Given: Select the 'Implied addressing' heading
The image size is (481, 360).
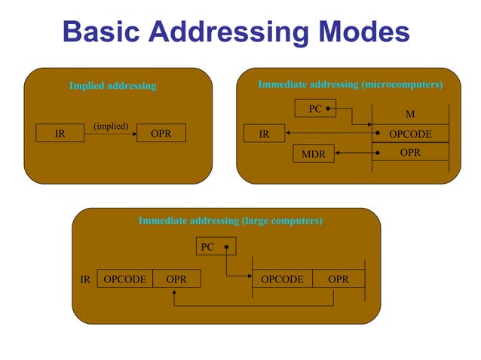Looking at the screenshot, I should [112, 86].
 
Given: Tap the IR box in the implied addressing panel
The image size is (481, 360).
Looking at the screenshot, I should [60, 133].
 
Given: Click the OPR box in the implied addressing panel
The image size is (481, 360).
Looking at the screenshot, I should [161, 133].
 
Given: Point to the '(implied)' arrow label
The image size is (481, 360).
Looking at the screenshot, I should [111, 125].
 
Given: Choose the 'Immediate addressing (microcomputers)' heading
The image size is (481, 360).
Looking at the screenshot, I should [350, 85].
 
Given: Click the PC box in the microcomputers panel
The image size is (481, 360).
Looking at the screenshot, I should [316, 109].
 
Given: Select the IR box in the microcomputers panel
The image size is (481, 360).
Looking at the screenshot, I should [265, 134].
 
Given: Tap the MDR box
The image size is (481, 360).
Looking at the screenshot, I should [314, 154].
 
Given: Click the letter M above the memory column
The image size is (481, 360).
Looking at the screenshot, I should [410, 114].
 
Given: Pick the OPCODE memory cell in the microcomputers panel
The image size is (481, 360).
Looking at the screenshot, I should [410, 134].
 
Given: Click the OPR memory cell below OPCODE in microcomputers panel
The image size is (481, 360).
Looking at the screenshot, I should [410, 152].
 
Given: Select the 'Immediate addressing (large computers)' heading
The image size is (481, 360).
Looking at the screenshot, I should [230, 221].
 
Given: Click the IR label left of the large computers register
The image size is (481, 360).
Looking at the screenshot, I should [86, 279].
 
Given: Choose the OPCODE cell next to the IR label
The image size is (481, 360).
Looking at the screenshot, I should [125, 279].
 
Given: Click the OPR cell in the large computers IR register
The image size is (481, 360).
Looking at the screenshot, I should [176, 279].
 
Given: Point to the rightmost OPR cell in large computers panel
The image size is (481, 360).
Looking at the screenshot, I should [339, 279].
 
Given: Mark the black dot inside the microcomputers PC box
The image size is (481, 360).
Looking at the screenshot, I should [329, 109].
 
